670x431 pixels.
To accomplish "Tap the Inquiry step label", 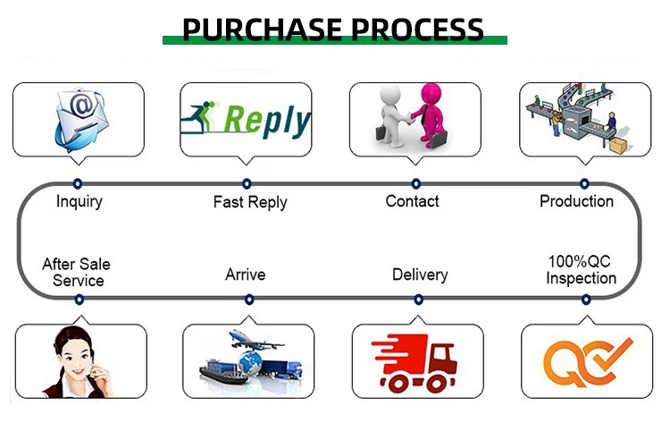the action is [79, 201].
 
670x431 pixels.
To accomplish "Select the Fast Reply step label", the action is [250, 202].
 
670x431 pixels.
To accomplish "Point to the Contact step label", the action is [412, 201].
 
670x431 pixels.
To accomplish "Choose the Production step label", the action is [576, 201].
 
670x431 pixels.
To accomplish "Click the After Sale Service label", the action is [77, 273].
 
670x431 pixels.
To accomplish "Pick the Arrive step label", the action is [245, 275].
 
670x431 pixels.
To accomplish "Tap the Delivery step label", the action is [420, 275].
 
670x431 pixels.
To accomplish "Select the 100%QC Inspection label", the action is [581, 269].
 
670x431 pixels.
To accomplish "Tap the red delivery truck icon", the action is [417, 363].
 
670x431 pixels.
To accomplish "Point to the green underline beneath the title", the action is [334, 40].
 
